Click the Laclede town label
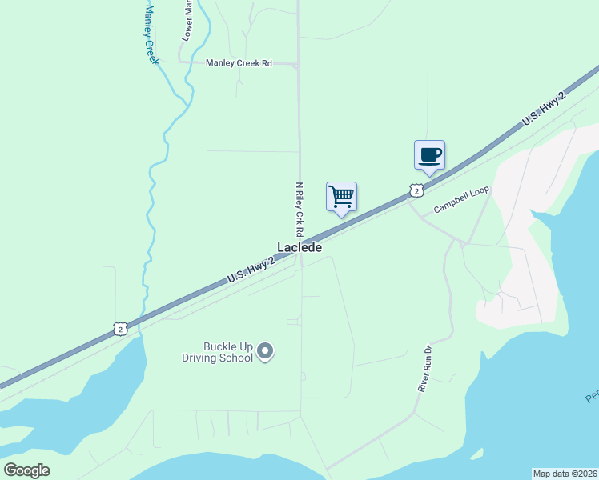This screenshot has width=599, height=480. (299, 248)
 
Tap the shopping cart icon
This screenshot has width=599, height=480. (341, 196)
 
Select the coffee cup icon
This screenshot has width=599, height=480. (429, 154)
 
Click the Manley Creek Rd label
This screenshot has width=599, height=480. (239, 63)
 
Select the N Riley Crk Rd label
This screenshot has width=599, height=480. (299, 208)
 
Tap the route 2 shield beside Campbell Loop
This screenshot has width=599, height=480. (415, 190)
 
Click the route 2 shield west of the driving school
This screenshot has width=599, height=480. (119, 328)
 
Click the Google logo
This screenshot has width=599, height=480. (26, 470)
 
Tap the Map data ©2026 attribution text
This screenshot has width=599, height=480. (565, 474)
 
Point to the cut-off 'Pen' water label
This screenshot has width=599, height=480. (590, 397)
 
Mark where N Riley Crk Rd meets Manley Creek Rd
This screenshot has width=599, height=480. (298, 64)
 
